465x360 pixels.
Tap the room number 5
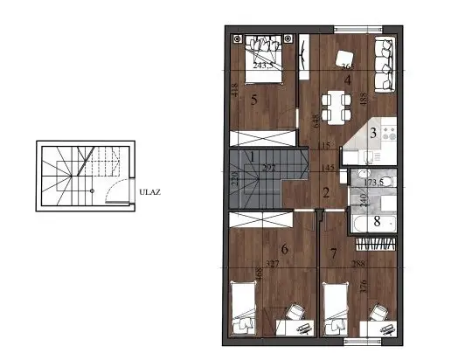254,100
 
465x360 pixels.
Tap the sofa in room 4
385,66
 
